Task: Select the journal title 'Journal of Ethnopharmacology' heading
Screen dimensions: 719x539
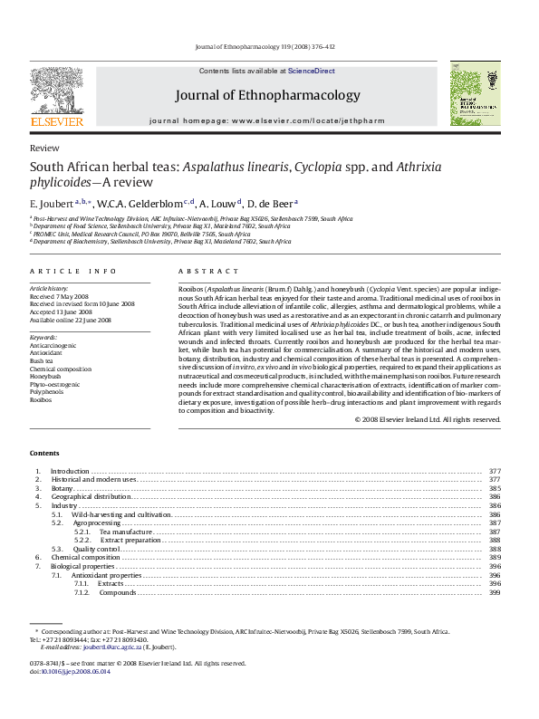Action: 267,94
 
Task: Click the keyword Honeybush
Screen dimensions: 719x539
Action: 45,377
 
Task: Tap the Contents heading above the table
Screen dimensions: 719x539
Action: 44,453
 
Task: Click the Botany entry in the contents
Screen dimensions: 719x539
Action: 62,488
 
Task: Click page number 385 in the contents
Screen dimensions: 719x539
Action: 495,488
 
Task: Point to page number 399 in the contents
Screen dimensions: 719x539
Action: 495,592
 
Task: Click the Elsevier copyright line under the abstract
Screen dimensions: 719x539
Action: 428,419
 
